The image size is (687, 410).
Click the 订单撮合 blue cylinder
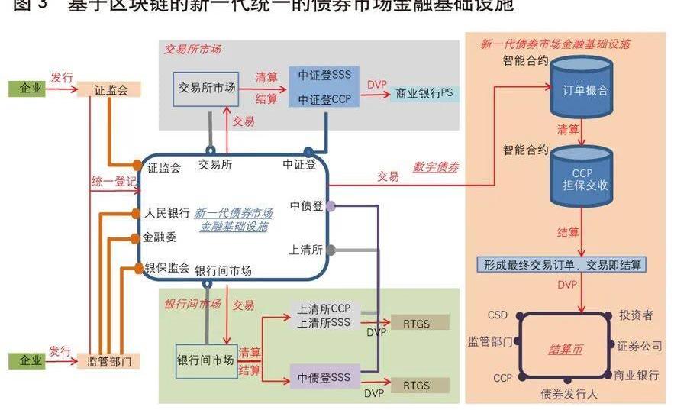(x=584, y=89)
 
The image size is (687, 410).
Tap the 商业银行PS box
(x=424, y=93)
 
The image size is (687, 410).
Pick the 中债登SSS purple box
(x=324, y=377)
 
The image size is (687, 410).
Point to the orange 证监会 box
(x=112, y=89)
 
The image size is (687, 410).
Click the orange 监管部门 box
(x=109, y=361)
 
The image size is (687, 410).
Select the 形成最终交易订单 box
(x=561, y=265)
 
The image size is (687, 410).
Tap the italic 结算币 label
(x=566, y=349)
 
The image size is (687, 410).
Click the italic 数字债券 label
(x=436, y=167)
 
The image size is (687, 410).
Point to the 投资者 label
(x=636, y=315)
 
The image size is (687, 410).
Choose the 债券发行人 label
(x=569, y=394)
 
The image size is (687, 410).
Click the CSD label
(x=497, y=315)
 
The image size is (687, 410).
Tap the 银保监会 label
(x=167, y=267)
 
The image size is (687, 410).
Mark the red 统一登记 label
(x=114, y=182)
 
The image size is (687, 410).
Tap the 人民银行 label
(x=167, y=213)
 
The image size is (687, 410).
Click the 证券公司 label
(x=640, y=346)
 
